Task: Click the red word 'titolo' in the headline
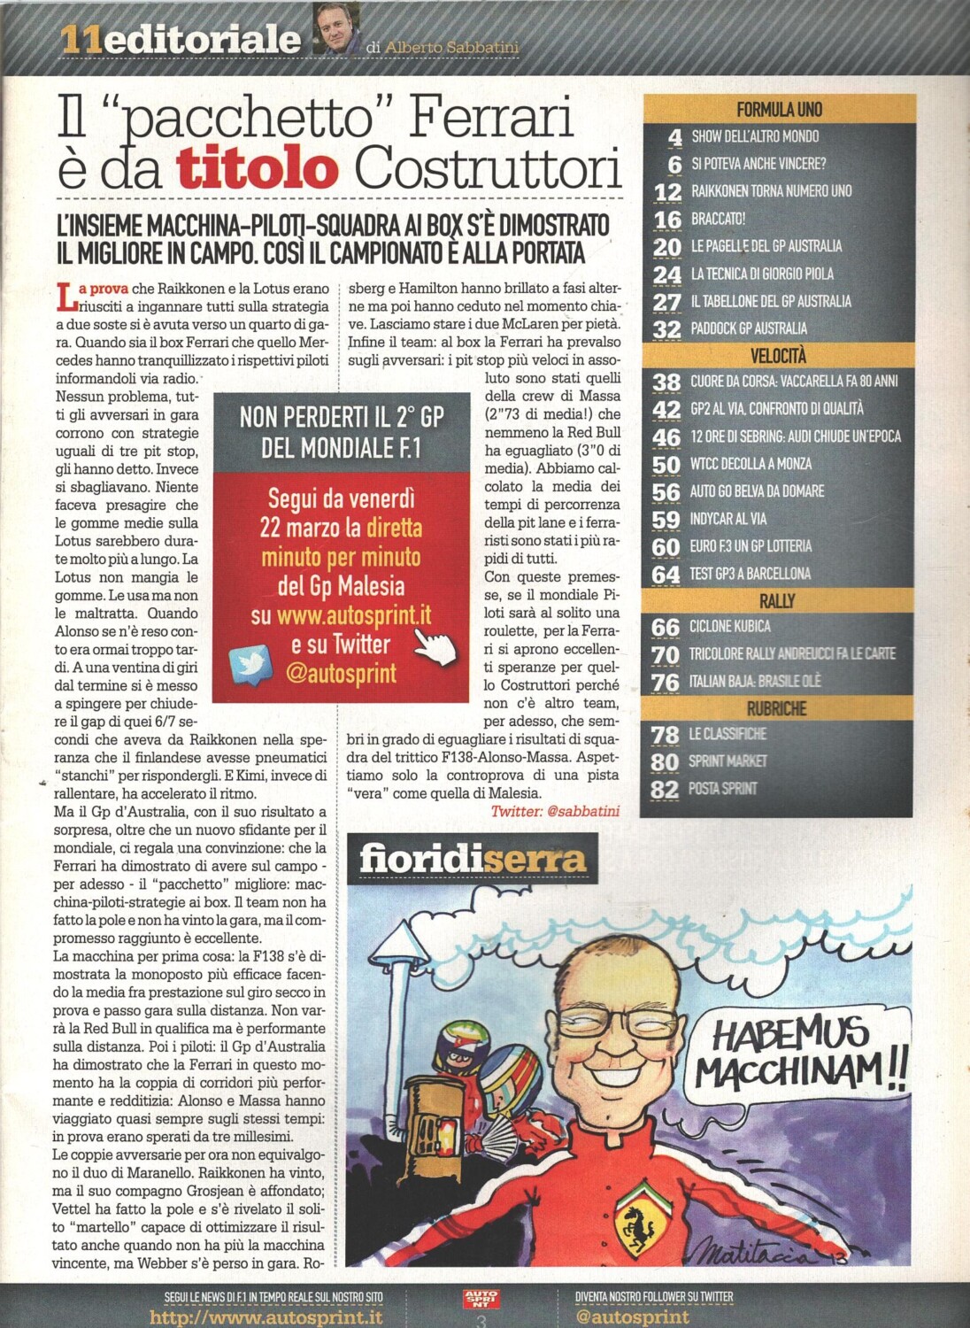pos(258,168)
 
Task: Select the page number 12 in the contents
pos(667,191)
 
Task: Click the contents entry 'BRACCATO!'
pos(718,219)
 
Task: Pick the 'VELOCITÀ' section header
pos(778,356)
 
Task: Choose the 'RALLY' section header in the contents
pos(776,601)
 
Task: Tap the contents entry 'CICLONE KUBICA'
pos(730,627)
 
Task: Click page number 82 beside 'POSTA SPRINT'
pos(665,789)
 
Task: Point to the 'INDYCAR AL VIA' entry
pos(728,519)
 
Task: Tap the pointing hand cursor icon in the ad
pos(434,645)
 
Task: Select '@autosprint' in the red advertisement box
pos(341,674)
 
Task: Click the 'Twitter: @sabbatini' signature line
pos(555,811)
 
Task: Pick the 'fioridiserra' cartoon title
pos(473,859)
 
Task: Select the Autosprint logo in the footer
pos(481,1299)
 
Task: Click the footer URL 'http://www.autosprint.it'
pos(266,1317)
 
